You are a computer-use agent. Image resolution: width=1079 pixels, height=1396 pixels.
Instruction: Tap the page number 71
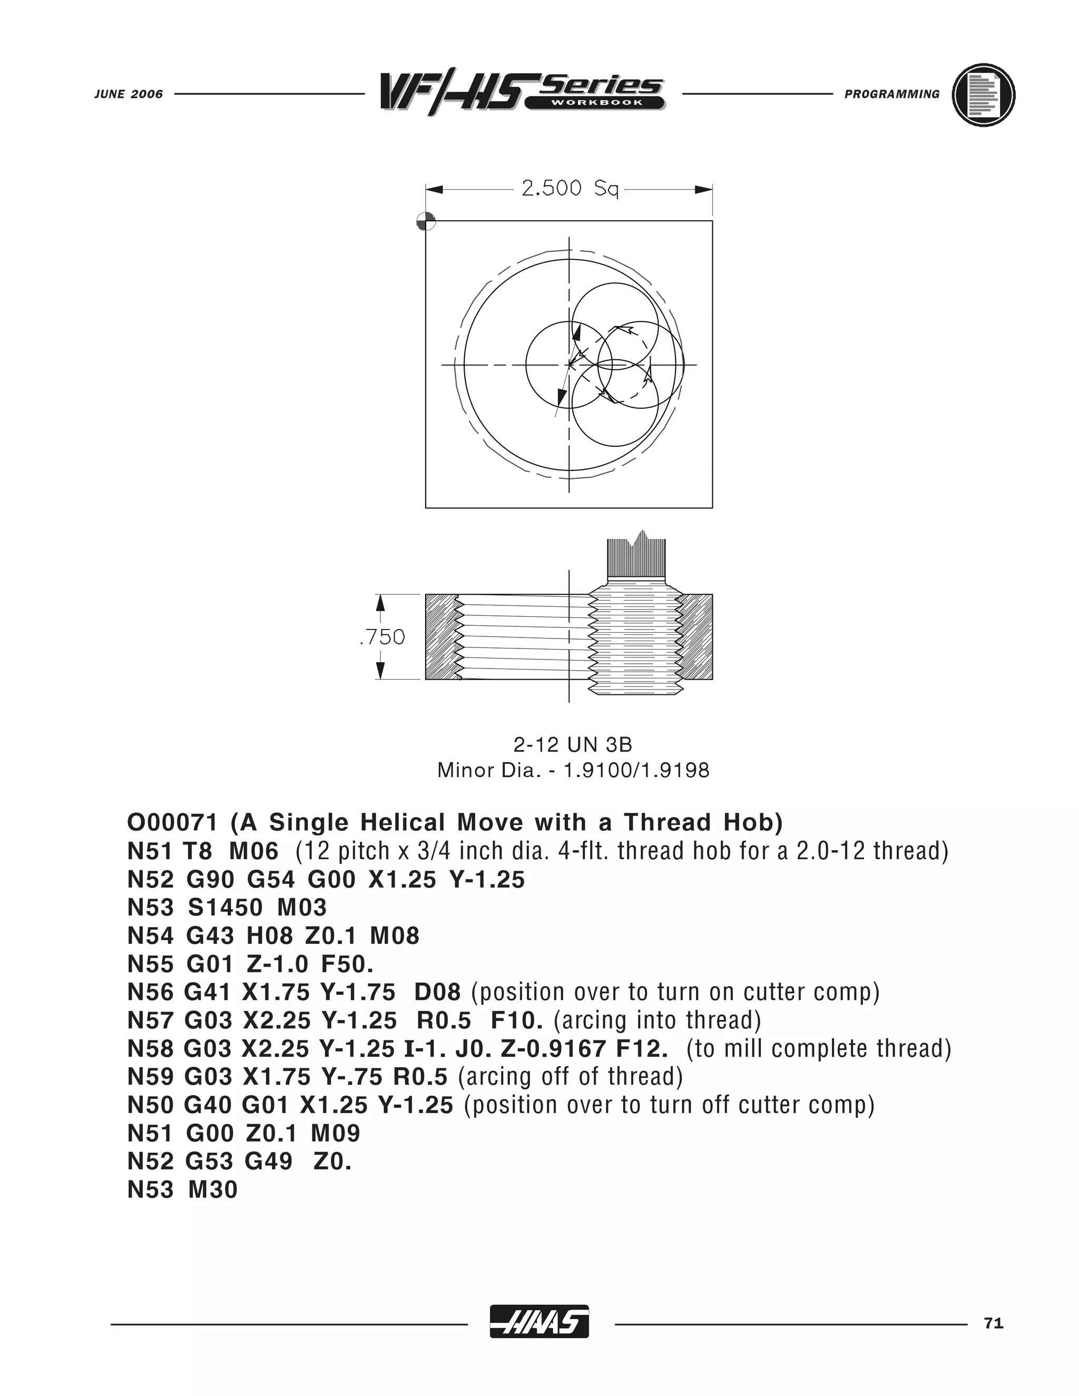pyautogui.click(x=993, y=1324)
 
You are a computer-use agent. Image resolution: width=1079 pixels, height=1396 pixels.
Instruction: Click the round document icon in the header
pyautogui.click(x=983, y=95)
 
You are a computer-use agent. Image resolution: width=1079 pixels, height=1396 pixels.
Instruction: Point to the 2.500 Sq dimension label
pyautogui.click(x=570, y=189)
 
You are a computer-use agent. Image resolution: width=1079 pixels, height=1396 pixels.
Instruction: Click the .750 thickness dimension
pyautogui.click(x=382, y=637)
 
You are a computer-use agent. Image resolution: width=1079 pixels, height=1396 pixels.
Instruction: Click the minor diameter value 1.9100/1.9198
pyautogui.click(x=635, y=770)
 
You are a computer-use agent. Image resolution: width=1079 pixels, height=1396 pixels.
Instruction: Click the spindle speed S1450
pyautogui.click(x=225, y=908)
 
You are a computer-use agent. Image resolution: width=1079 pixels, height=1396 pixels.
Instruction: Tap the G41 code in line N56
pyautogui.click(x=207, y=992)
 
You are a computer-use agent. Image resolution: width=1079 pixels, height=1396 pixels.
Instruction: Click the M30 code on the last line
pyautogui.click(x=212, y=1189)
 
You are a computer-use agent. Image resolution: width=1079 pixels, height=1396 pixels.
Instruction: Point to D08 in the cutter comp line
pyautogui.click(x=437, y=992)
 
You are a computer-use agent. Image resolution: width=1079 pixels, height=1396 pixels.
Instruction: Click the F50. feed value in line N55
pyautogui.click(x=347, y=964)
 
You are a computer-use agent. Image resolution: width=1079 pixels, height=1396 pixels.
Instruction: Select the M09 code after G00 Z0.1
pyautogui.click(x=336, y=1133)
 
